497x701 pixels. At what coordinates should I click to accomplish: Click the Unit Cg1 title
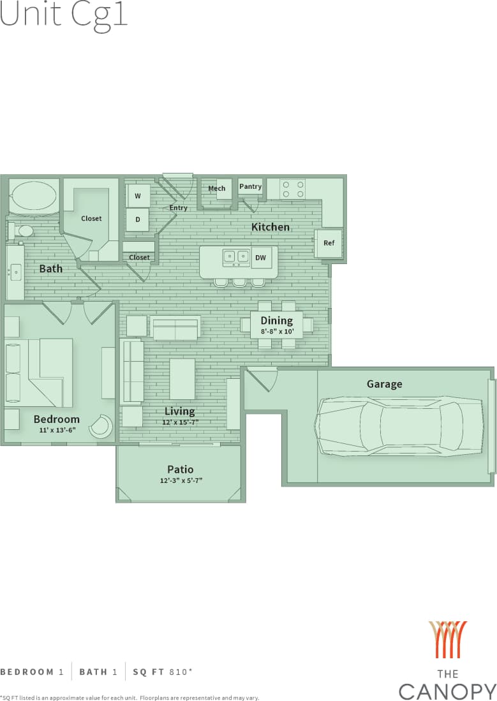pyautogui.click(x=64, y=14)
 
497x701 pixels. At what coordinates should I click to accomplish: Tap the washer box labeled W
pyautogui.click(x=138, y=196)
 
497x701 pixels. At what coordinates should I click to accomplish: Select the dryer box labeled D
pyautogui.click(x=138, y=220)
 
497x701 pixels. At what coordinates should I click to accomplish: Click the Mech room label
pyautogui.click(x=217, y=188)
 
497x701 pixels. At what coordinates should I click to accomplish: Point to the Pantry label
pyautogui.click(x=250, y=186)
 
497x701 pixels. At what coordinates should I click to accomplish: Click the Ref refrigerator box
pyautogui.click(x=329, y=243)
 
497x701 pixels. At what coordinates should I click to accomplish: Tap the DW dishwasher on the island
pyautogui.click(x=260, y=258)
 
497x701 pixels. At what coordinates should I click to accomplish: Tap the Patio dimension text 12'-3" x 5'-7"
pyautogui.click(x=181, y=481)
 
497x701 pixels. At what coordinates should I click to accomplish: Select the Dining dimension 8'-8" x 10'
pyautogui.click(x=277, y=332)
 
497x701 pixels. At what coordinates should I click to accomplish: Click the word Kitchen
pyautogui.click(x=271, y=227)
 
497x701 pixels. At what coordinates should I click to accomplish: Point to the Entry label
pyautogui.click(x=179, y=208)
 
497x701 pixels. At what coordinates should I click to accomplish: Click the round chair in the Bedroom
pyautogui.click(x=101, y=426)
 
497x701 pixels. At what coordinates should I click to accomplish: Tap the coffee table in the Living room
pyautogui.click(x=182, y=379)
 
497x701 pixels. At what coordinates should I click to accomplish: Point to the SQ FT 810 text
pyautogui.click(x=163, y=672)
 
